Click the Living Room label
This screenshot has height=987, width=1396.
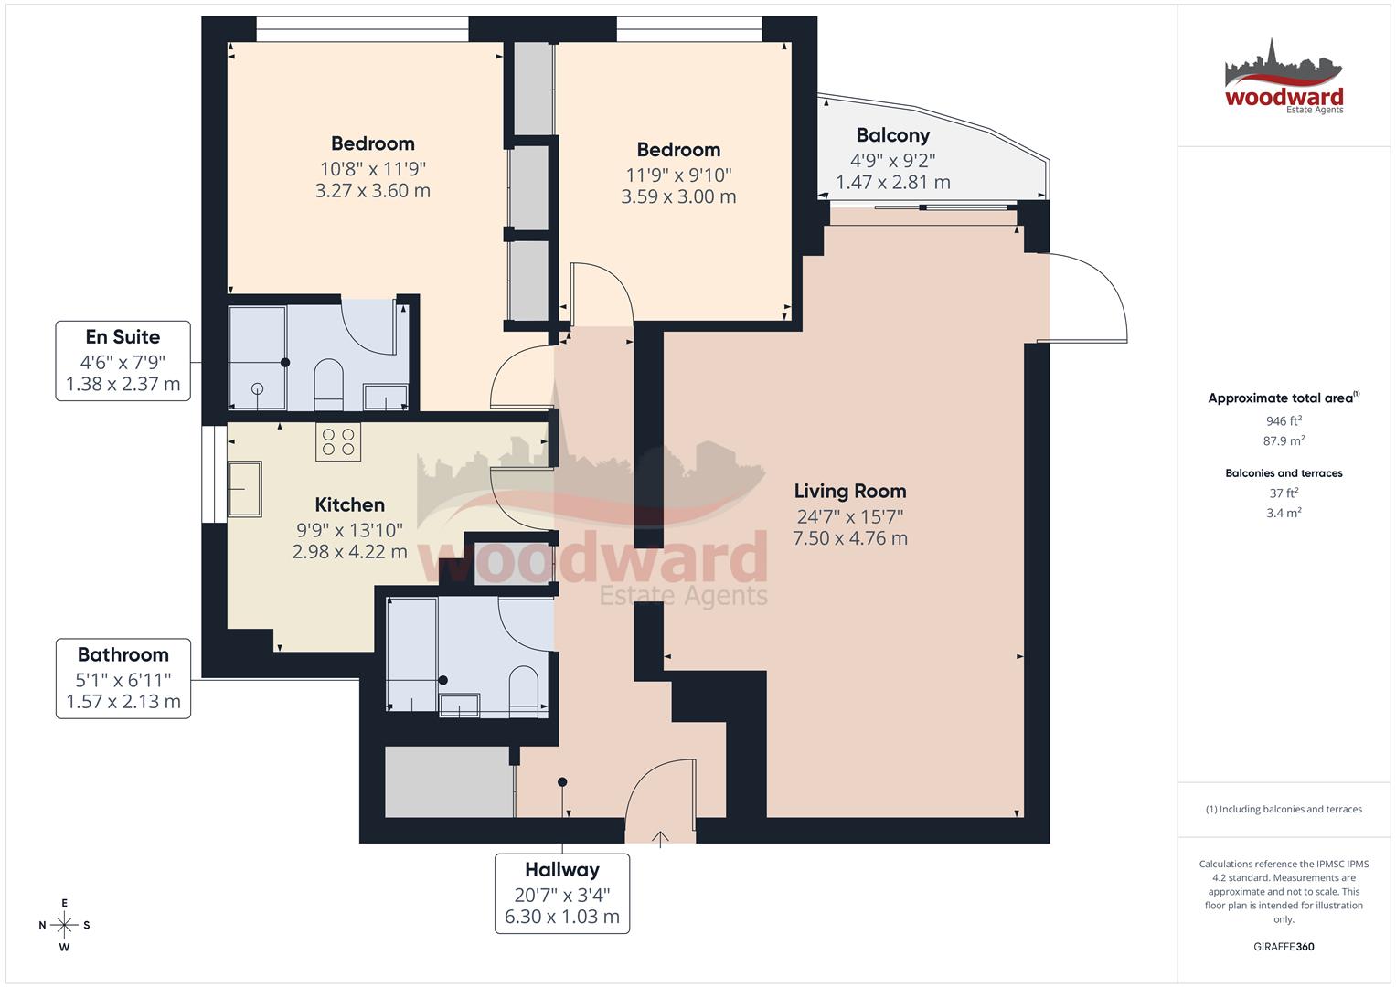pyautogui.click(x=849, y=491)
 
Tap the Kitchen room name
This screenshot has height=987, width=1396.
pyautogui.click(x=349, y=504)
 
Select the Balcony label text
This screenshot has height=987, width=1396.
pyautogui.click(x=892, y=135)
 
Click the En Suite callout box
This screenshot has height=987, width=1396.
pyautogui.click(x=123, y=360)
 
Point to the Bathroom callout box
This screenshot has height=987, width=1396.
pyautogui.click(x=123, y=678)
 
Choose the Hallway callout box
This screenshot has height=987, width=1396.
pyautogui.click(x=562, y=893)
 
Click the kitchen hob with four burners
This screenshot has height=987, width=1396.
pyautogui.click(x=337, y=442)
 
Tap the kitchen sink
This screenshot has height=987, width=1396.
pyautogui.click(x=245, y=488)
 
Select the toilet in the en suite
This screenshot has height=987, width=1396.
pyautogui.click(x=327, y=384)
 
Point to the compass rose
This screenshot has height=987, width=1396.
pyautogui.click(x=65, y=925)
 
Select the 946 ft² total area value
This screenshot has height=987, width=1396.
pyautogui.click(x=1284, y=421)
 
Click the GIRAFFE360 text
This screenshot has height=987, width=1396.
pyautogui.click(x=1284, y=947)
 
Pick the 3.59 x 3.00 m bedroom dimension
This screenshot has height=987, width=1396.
pyautogui.click(x=678, y=196)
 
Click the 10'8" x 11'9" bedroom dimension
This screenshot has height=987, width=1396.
pyautogui.click(x=373, y=168)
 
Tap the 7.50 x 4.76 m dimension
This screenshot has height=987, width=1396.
pyautogui.click(x=849, y=538)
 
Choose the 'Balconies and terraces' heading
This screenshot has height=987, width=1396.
pyautogui.click(x=1284, y=473)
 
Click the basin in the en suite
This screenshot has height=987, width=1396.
pyautogui.click(x=386, y=398)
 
